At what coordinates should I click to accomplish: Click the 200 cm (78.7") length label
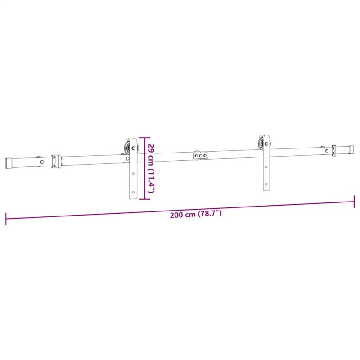[x=196, y=214]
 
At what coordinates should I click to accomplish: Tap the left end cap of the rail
[x=9, y=163]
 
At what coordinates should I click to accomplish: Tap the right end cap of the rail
[x=351, y=149]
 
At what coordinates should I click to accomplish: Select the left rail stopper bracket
[x=56, y=162]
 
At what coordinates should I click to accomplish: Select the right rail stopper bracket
[x=333, y=151]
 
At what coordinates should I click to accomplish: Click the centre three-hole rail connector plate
[x=200, y=156]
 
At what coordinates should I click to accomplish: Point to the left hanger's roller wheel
[x=127, y=147]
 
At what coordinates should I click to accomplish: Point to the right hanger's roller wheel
[x=261, y=143]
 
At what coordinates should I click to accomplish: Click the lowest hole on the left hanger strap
[x=133, y=192]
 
